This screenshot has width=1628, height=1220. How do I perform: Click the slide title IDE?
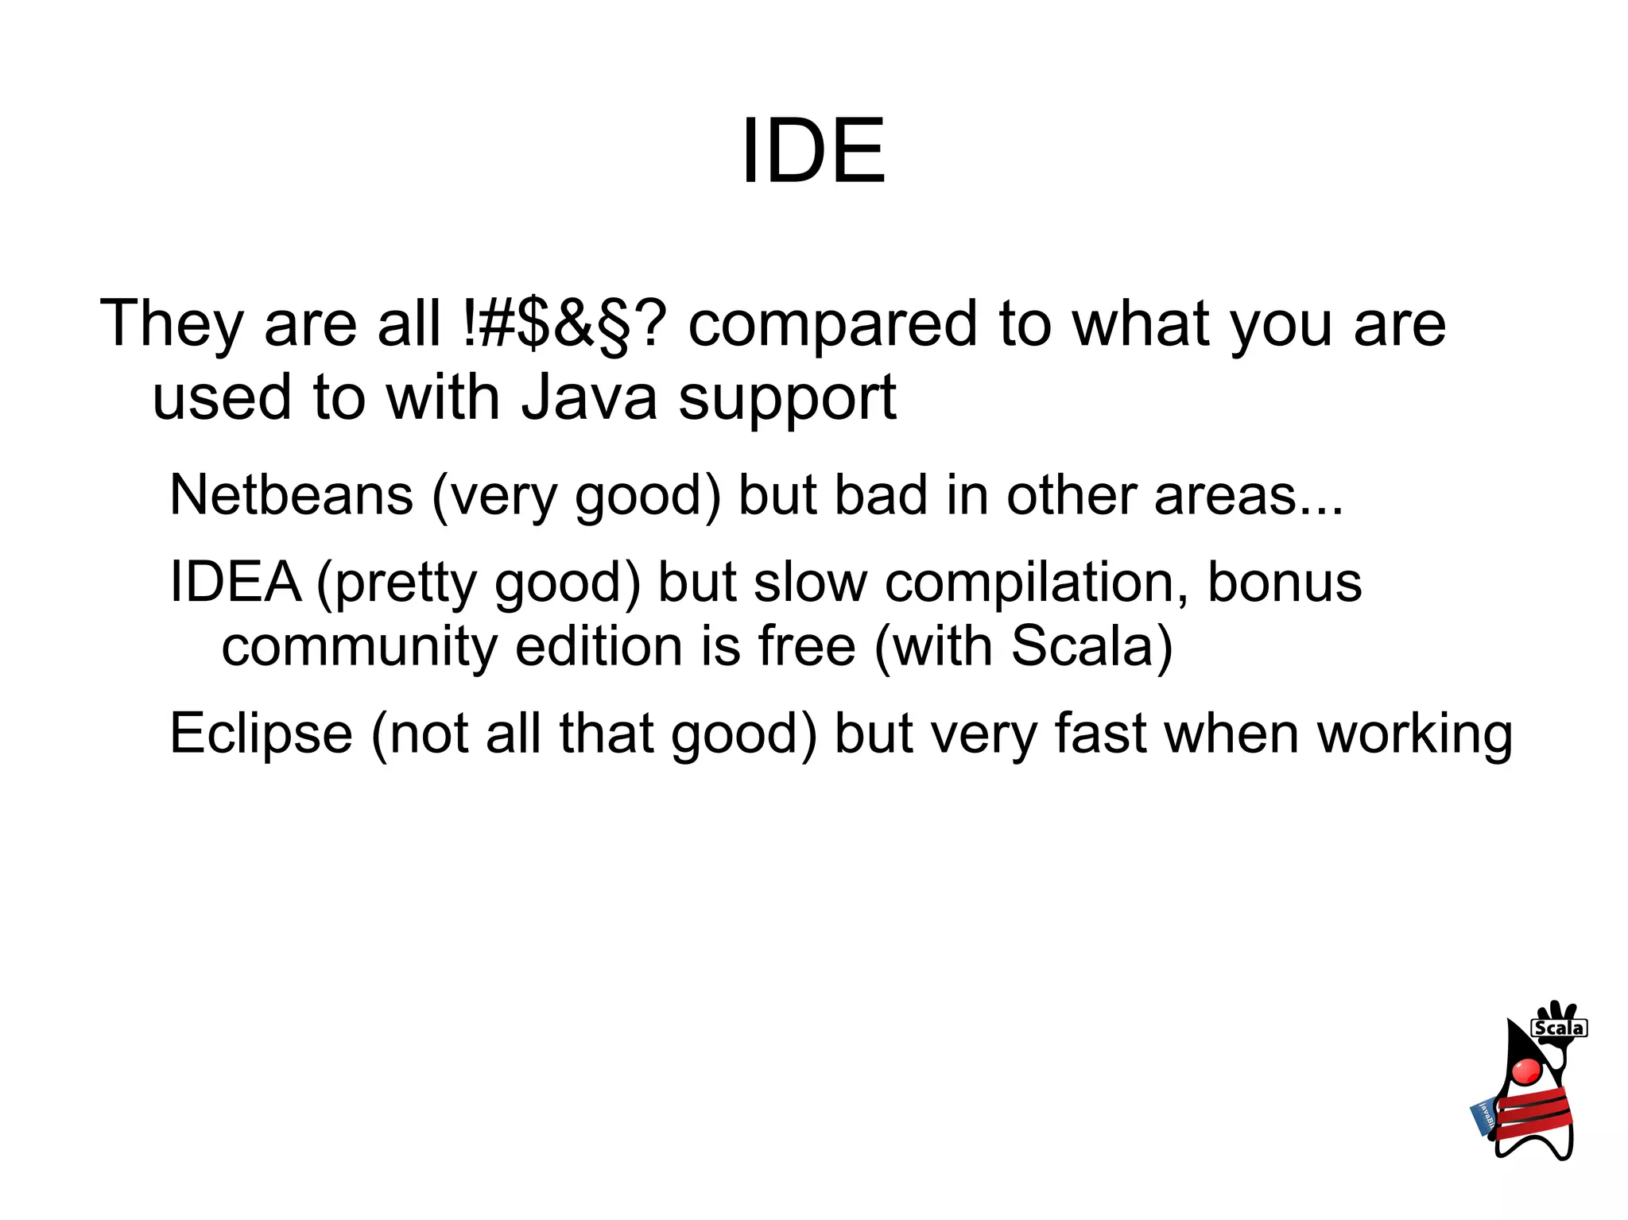point(813,151)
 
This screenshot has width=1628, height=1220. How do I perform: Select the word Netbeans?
point(291,494)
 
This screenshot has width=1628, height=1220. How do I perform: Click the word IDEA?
point(235,582)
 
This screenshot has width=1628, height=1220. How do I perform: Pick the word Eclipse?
point(261,733)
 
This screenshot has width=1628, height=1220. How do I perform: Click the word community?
point(359,645)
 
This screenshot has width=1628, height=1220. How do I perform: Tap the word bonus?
point(1285,582)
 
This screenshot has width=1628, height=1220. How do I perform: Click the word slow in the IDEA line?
point(810,582)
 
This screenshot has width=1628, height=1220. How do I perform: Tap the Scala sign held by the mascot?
point(1559,1028)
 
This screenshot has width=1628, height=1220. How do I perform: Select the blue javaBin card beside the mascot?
point(1484,1117)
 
